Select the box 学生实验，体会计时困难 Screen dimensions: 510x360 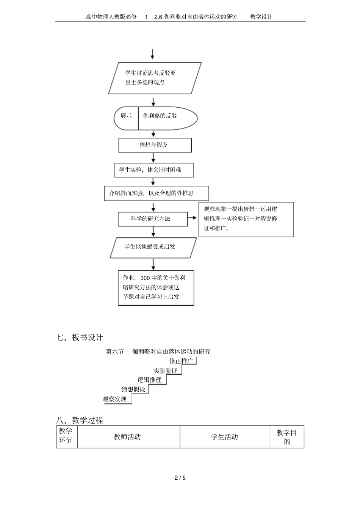pos(153,170)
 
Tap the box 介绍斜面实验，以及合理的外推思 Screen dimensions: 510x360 pos(156,193)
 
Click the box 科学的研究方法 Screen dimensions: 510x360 pos(153,219)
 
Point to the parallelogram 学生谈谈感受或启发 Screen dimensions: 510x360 pos(153,247)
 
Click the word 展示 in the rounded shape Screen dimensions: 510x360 pos(126,116)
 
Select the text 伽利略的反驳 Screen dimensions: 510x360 pos(160,116)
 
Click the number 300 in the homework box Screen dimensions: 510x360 pos(145,278)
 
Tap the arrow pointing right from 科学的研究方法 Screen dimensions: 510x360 pos(193,218)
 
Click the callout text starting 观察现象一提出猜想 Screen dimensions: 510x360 pos(240,218)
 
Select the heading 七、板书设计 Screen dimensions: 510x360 pos(79,337)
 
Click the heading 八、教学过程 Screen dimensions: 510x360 pos(79,420)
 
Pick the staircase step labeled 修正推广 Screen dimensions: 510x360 pos(182,361)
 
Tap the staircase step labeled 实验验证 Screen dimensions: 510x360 pos(165,370)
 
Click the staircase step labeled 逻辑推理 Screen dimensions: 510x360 pos(149,380)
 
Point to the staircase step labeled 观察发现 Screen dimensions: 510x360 pos(115,399)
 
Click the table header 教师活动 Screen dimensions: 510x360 pos(127,437)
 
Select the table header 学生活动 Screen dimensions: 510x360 pos(224,437)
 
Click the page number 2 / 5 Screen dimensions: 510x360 pos(180,478)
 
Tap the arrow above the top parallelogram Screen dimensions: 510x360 pos(152,54)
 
